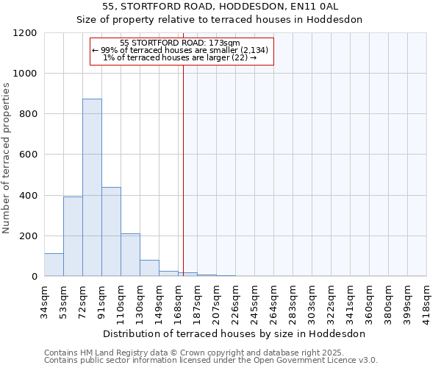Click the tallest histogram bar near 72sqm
92,188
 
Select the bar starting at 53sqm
73,236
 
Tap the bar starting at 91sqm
111,232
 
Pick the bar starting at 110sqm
130,255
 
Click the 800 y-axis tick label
28,114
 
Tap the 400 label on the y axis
28,196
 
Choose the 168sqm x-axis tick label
178,300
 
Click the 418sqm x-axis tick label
426,300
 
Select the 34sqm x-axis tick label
44,300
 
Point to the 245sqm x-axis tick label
254,300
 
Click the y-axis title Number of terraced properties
7,158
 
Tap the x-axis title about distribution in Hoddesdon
234,333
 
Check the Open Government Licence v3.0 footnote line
210,360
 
